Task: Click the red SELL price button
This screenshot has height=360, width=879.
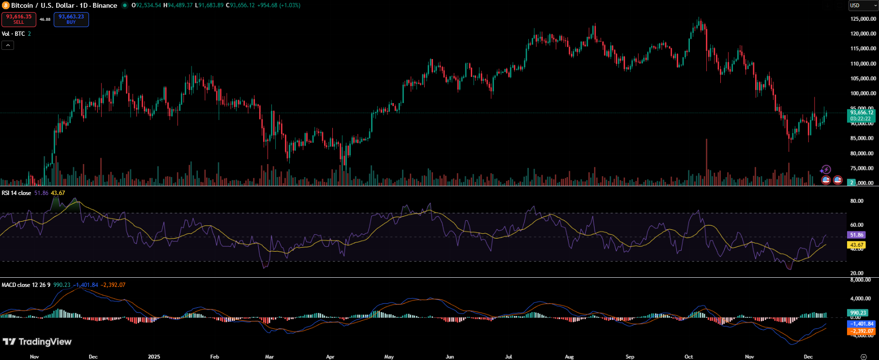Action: (19, 19)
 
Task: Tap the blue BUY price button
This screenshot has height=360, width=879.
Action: (71, 19)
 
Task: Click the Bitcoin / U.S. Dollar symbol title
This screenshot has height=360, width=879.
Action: (64, 5)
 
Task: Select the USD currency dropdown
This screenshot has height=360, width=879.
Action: (863, 5)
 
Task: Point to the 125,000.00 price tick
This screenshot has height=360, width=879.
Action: (863, 19)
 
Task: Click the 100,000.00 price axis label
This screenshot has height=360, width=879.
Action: (863, 93)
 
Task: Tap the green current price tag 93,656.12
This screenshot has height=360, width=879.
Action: (861, 115)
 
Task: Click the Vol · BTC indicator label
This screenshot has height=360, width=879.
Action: (14, 34)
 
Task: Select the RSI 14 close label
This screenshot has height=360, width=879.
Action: (16, 193)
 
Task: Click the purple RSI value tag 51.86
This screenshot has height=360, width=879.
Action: (856, 235)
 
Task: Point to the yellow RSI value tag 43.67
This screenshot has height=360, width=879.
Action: (856, 245)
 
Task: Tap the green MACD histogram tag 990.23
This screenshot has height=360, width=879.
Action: (858, 313)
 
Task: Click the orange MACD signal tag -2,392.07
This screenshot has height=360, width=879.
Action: (862, 331)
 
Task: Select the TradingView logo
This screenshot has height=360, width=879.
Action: (37, 342)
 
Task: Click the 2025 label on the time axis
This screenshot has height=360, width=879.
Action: (154, 357)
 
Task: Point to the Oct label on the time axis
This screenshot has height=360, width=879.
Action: (688, 357)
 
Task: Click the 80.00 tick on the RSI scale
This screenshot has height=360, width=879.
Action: (857, 201)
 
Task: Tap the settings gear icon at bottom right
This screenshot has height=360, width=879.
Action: (864, 357)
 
